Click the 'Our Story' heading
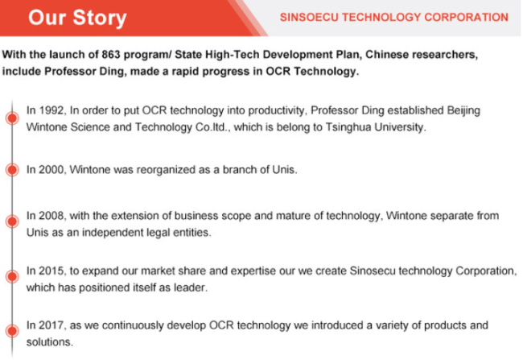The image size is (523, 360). (x=77, y=18)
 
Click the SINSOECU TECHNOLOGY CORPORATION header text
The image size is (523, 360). (x=394, y=18)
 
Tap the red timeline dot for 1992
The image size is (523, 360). (x=12, y=118)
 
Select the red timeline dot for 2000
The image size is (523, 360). (x=12, y=170)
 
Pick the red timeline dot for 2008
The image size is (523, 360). (x=12, y=221)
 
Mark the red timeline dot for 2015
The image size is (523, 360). (x=12, y=276)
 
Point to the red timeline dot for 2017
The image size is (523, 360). (x=12, y=331)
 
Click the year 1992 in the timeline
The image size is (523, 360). (x=52, y=110)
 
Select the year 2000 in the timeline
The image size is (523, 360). (x=52, y=170)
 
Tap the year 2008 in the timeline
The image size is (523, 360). (x=52, y=216)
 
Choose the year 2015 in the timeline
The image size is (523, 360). (x=52, y=271)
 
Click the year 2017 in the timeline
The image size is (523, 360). (x=52, y=325)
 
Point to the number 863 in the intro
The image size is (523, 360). (x=111, y=55)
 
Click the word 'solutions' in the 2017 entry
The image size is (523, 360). (x=49, y=342)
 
